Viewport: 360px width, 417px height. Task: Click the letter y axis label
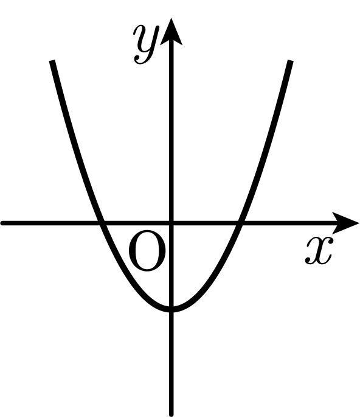coord(147,44)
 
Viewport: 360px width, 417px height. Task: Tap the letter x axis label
coord(319,251)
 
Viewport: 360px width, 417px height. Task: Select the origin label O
coord(147,251)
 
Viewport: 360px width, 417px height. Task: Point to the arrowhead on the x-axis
coord(346,223)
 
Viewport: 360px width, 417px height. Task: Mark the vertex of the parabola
coord(171,309)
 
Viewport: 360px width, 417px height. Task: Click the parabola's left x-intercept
coord(102,223)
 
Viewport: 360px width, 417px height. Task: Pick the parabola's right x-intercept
coord(240,223)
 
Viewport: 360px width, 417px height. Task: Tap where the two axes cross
coord(171,223)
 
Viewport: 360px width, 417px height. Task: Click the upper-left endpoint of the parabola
coord(52,61)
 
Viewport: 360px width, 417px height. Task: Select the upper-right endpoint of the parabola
coord(291,61)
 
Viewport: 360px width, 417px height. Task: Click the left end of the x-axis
coord(2,223)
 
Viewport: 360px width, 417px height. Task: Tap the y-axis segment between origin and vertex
coord(171,265)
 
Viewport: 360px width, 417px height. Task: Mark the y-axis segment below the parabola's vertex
coord(171,363)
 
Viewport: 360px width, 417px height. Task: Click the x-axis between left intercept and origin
coord(137,223)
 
